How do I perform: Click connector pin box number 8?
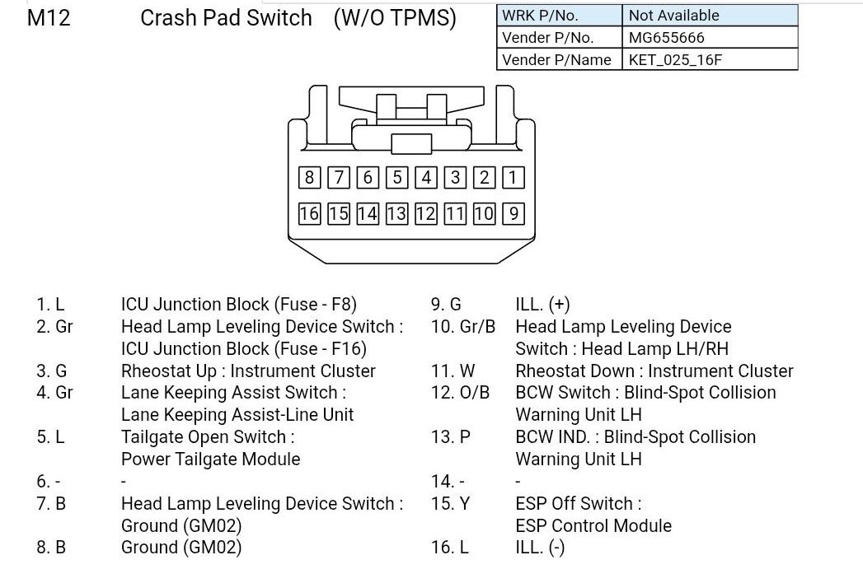pyautogui.click(x=309, y=178)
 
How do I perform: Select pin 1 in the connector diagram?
pyautogui.click(x=513, y=178)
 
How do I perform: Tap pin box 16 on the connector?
pyautogui.click(x=309, y=213)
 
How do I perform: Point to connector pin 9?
pyautogui.click(x=513, y=213)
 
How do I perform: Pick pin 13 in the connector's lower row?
pyautogui.click(x=396, y=213)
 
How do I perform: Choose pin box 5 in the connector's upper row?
pyautogui.click(x=396, y=178)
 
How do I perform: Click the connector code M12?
pyautogui.click(x=49, y=18)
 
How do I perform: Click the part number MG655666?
pyautogui.click(x=667, y=37)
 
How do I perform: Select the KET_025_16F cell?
pyautogui.click(x=710, y=59)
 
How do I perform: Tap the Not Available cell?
pyautogui.click(x=710, y=16)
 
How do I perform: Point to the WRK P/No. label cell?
pyautogui.click(x=559, y=16)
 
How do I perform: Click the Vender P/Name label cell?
pyautogui.click(x=559, y=59)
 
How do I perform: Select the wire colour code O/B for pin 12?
pyautogui.click(x=475, y=393)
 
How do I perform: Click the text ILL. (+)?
pyautogui.click(x=542, y=304)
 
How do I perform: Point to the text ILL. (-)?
pyautogui.click(x=540, y=548)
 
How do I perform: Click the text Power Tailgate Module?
pyautogui.click(x=211, y=459)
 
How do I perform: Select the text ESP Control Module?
pyautogui.click(x=593, y=526)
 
